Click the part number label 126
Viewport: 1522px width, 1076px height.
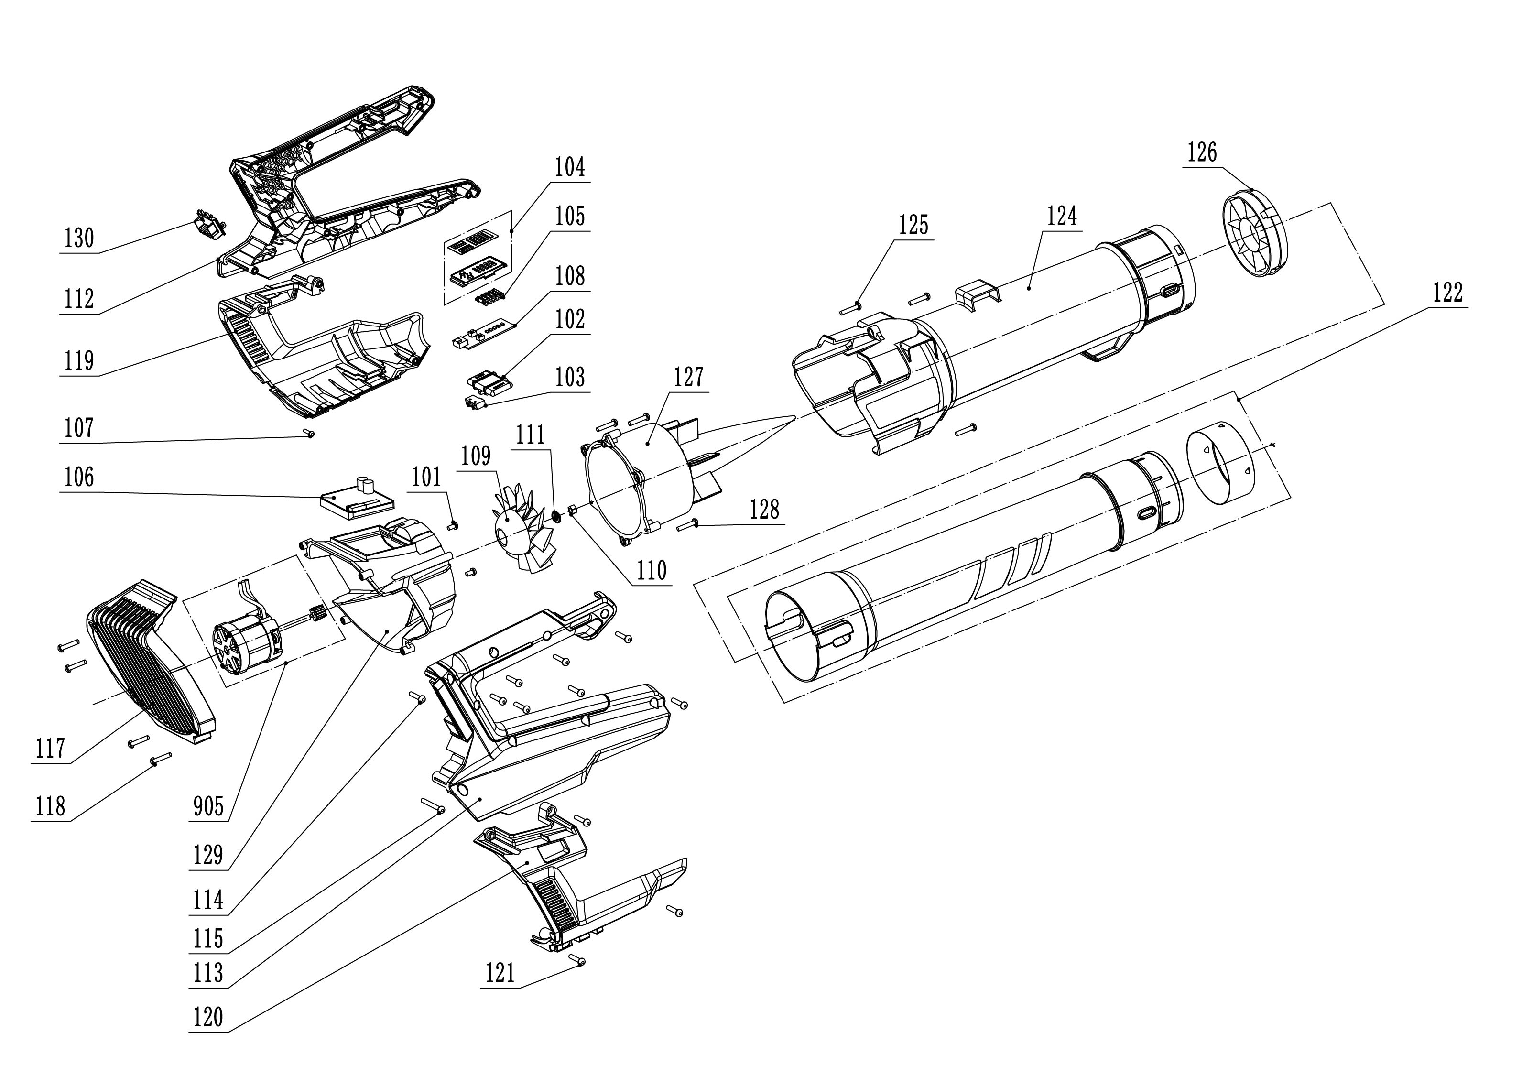click(x=1201, y=153)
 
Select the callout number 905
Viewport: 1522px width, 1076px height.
click(x=208, y=807)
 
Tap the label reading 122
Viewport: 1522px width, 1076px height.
click(x=1448, y=293)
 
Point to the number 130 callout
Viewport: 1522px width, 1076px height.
click(x=79, y=238)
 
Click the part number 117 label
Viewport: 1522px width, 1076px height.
click(x=50, y=749)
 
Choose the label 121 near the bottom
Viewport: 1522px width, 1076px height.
click(x=500, y=974)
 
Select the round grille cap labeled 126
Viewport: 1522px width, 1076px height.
click(x=1252, y=233)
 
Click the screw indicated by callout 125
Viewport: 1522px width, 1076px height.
click(x=850, y=308)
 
